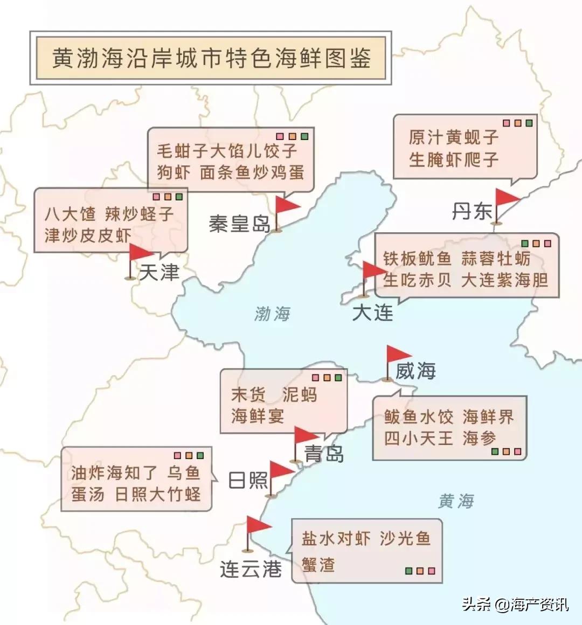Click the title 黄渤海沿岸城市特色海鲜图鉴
coord(211,58)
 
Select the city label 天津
coord(159,273)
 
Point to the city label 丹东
coord(472,211)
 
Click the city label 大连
coord(372,313)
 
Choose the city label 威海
coord(415,371)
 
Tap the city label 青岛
coord(324,454)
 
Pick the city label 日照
coord(248,480)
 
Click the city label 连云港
coord(251,568)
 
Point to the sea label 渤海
coord(272,314)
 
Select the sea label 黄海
coord(456,502)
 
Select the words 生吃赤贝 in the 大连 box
coord(417,280)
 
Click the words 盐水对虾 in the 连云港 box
coord(336,538)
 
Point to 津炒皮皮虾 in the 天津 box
coord(88,235)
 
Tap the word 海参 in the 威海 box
coord(479,438)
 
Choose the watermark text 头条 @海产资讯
coord(515,604)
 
